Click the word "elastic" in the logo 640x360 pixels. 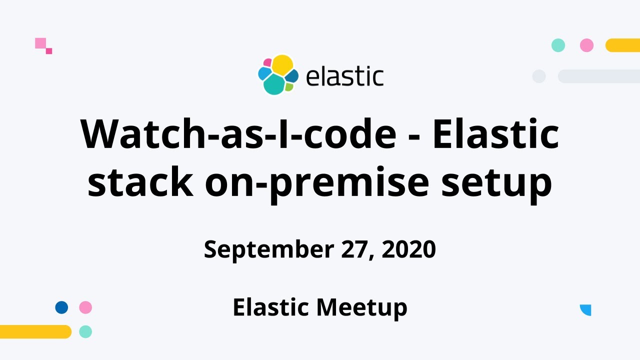click(344, 76)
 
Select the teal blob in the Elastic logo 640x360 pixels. click(273, 85)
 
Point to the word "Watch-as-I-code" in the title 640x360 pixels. click(238, 134)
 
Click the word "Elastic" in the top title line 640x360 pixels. click(495, 134)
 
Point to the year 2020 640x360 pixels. click(408, 249)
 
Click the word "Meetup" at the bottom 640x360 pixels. click(362, 307)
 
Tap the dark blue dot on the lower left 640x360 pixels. click(61, 307)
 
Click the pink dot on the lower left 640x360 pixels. click(85, 307)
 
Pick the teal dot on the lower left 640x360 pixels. click(85, 331)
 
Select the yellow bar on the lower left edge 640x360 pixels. click(35, 331)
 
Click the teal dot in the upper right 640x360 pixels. click(558, 45)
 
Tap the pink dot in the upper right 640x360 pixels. click(586, 45)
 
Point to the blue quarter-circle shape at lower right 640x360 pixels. click(586, 309)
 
